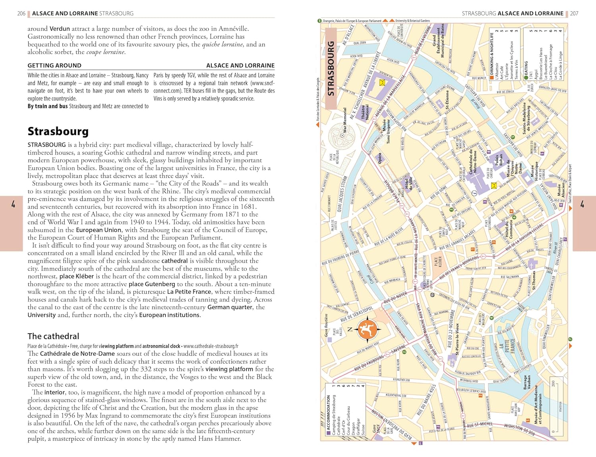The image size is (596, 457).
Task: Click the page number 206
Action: pyautogui.click(x=21, y=13)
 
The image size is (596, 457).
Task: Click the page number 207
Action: pyautogui.click(x=574, y=13)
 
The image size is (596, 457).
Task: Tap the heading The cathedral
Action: pyautogui.click(x=53, y=336)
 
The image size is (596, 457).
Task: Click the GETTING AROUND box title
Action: pyautogui.click(x=54, y=66)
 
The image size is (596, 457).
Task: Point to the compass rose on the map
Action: pyautogui.click(x=367, y=329)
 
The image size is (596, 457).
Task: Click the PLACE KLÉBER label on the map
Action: pyautogui.click(x=438, y=262)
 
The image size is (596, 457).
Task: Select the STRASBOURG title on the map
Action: pyautogui.click(x=331, y=68)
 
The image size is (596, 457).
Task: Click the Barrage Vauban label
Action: pyautogui.click(x=526, y=383)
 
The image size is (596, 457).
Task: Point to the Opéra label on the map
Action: pyautogui.click(x=380, y=158)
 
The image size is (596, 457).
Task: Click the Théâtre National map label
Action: pyautogui.click(x=365, y=112)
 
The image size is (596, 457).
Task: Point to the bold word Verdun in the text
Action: pyautogui.click(x=60, y=29)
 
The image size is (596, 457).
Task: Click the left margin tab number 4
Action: pyautogui.click(x=13, y=204)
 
